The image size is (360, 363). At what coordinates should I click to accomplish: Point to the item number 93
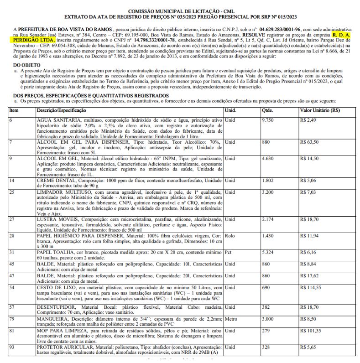(12, 347)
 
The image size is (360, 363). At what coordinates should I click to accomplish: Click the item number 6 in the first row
(11, 119)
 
